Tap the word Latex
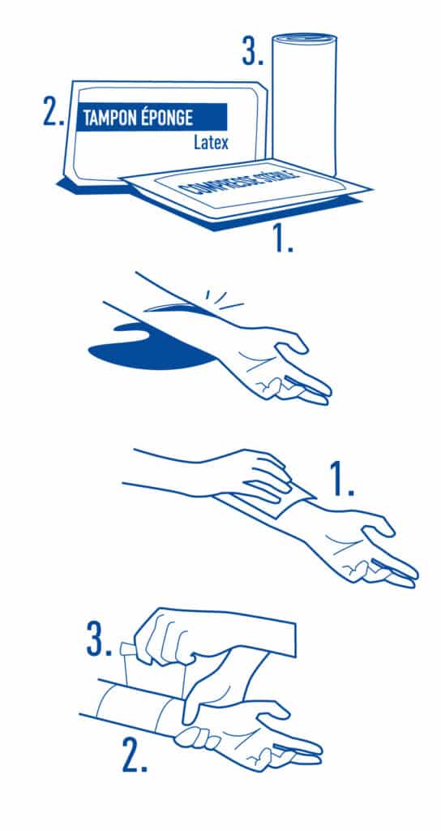tap(211, 143)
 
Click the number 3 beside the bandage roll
tap(253, 51)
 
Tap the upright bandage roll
tap(304, 105)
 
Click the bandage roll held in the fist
tap(152, 670)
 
